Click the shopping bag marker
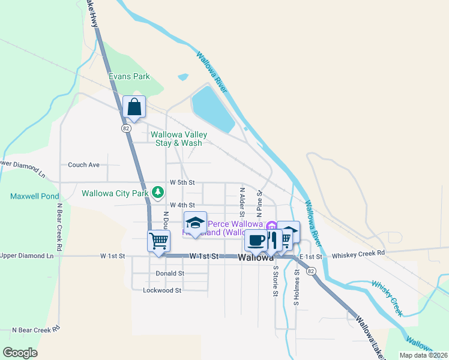(134, 107)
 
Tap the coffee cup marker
(256, 240)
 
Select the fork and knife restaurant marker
(273, 240)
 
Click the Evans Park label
(129, 76)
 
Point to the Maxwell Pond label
(35, 196)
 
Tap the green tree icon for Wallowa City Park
(157, 192)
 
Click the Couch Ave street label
(83, 164)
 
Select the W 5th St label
(182, 182)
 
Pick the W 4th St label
(182, 205)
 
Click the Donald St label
(170, 274)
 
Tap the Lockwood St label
(162, 290)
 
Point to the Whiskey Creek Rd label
(358, 253)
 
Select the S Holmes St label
(297, 287)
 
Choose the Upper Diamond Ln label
(26, 256)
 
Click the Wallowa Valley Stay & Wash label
(179, 139)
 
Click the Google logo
(20, 353)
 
